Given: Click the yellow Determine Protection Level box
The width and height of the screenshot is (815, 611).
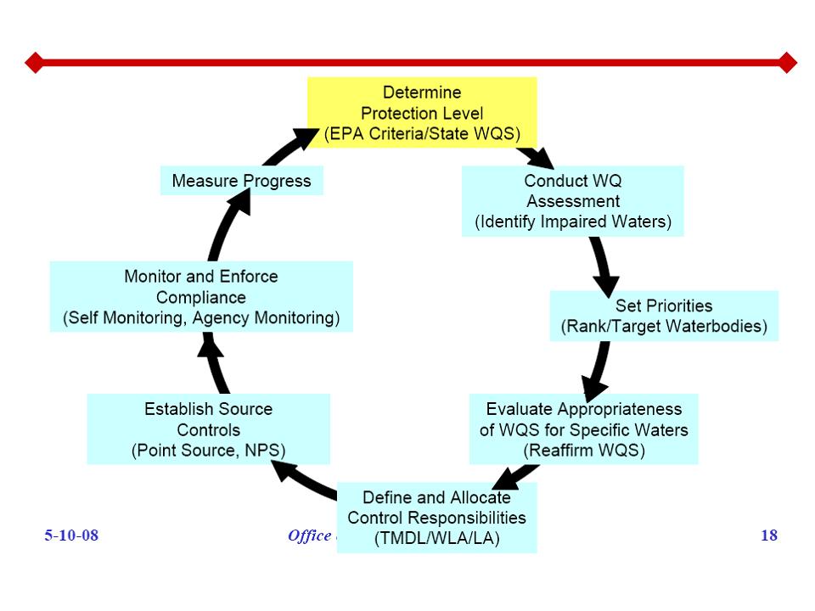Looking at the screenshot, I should pos(422,112).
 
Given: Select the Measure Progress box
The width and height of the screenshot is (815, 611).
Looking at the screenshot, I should pos(241,181).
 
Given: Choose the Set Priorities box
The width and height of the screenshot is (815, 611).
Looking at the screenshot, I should pos(664,316).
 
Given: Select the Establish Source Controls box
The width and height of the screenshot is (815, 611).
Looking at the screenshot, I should pos(208,429).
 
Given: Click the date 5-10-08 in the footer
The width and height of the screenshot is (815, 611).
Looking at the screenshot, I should pos(71,535).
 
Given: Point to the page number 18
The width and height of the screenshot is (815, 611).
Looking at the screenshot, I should pos(769,535).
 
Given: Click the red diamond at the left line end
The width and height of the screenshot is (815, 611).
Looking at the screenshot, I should pos(34,62).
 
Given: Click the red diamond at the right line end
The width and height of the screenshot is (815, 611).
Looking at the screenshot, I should pos(787,62).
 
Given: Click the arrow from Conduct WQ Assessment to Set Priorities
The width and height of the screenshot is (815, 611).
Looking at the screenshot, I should pos(604,266).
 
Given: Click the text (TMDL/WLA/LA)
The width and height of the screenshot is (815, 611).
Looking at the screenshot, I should pos(436,539).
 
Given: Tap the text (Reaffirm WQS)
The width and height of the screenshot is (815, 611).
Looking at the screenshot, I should pos(583,451).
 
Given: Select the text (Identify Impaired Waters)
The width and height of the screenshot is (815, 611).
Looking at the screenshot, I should pos(572,222).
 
